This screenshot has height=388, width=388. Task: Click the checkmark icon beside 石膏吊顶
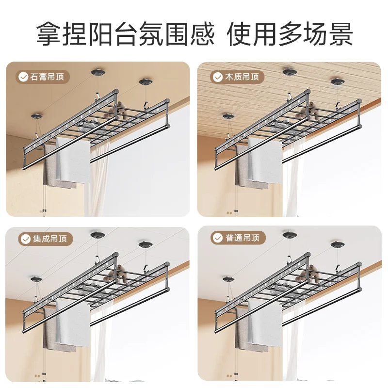(23, 77)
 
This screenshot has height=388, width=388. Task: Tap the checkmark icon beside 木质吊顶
(215, 77)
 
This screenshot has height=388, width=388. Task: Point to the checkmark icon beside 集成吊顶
(25, 239)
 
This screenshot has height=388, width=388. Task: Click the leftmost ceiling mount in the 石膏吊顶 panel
(37, 117)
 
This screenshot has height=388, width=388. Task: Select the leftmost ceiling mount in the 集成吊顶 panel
(37, 279)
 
